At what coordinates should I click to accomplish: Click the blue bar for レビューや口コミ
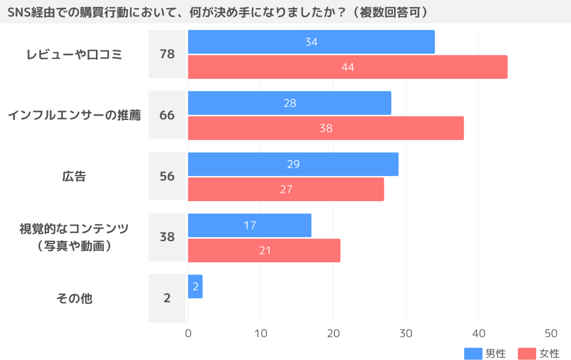pyautogui.click(x=311, y=42)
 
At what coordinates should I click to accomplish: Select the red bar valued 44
pyautogui.click(x=347, y=67)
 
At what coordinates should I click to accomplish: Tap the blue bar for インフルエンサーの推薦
pyautogui.click(x=289, y=103)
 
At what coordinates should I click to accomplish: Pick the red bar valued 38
pyautogui.click(x=325, y=128)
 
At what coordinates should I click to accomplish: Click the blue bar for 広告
pyautogui.click(x=293, y=164)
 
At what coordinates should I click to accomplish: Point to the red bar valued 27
pyautogui.click(x=285, y=189)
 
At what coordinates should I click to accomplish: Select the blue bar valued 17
pyautogui.click(x=250, y=225)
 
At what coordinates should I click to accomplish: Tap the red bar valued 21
pyautogui.click(x=264, y=250)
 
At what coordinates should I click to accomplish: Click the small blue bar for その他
pyautogui.click(x=195, y=286)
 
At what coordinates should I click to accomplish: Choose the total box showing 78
pyautogui.click(x=167, y=54)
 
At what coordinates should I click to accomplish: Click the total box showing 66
pyautogui.click(x=167, y=115)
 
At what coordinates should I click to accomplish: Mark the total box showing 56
pyautogui.click(x=167, y=177)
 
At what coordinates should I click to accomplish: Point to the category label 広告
pyautogui.click(x=74, y=177)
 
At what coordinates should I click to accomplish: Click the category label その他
pyautogui.click(x=74, y=298)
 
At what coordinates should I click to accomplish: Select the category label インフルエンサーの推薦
pyautogui.click(x=74, y=115)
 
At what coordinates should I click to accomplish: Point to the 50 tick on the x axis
pyautogui.click(x=551, y=334)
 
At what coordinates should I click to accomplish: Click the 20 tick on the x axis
pyautogui.click(x=333, y=334)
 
